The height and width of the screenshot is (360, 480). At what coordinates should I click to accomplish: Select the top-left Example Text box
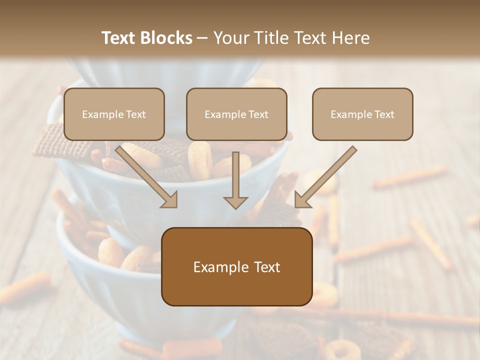coord(114,114)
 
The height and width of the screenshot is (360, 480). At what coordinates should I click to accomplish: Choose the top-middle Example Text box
coord(236,114)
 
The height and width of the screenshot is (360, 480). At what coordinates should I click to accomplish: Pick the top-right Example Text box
coord(362,114)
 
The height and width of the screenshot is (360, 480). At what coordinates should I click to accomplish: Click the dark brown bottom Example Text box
coord(236,266)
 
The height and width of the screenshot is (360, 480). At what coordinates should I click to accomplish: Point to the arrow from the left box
coord(145,175)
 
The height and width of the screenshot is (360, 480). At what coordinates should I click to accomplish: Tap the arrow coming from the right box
coord(327,175)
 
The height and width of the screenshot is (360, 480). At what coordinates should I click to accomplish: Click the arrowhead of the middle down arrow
coord(236,201)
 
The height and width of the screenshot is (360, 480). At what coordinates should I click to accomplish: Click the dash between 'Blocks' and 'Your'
coord(202,38)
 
